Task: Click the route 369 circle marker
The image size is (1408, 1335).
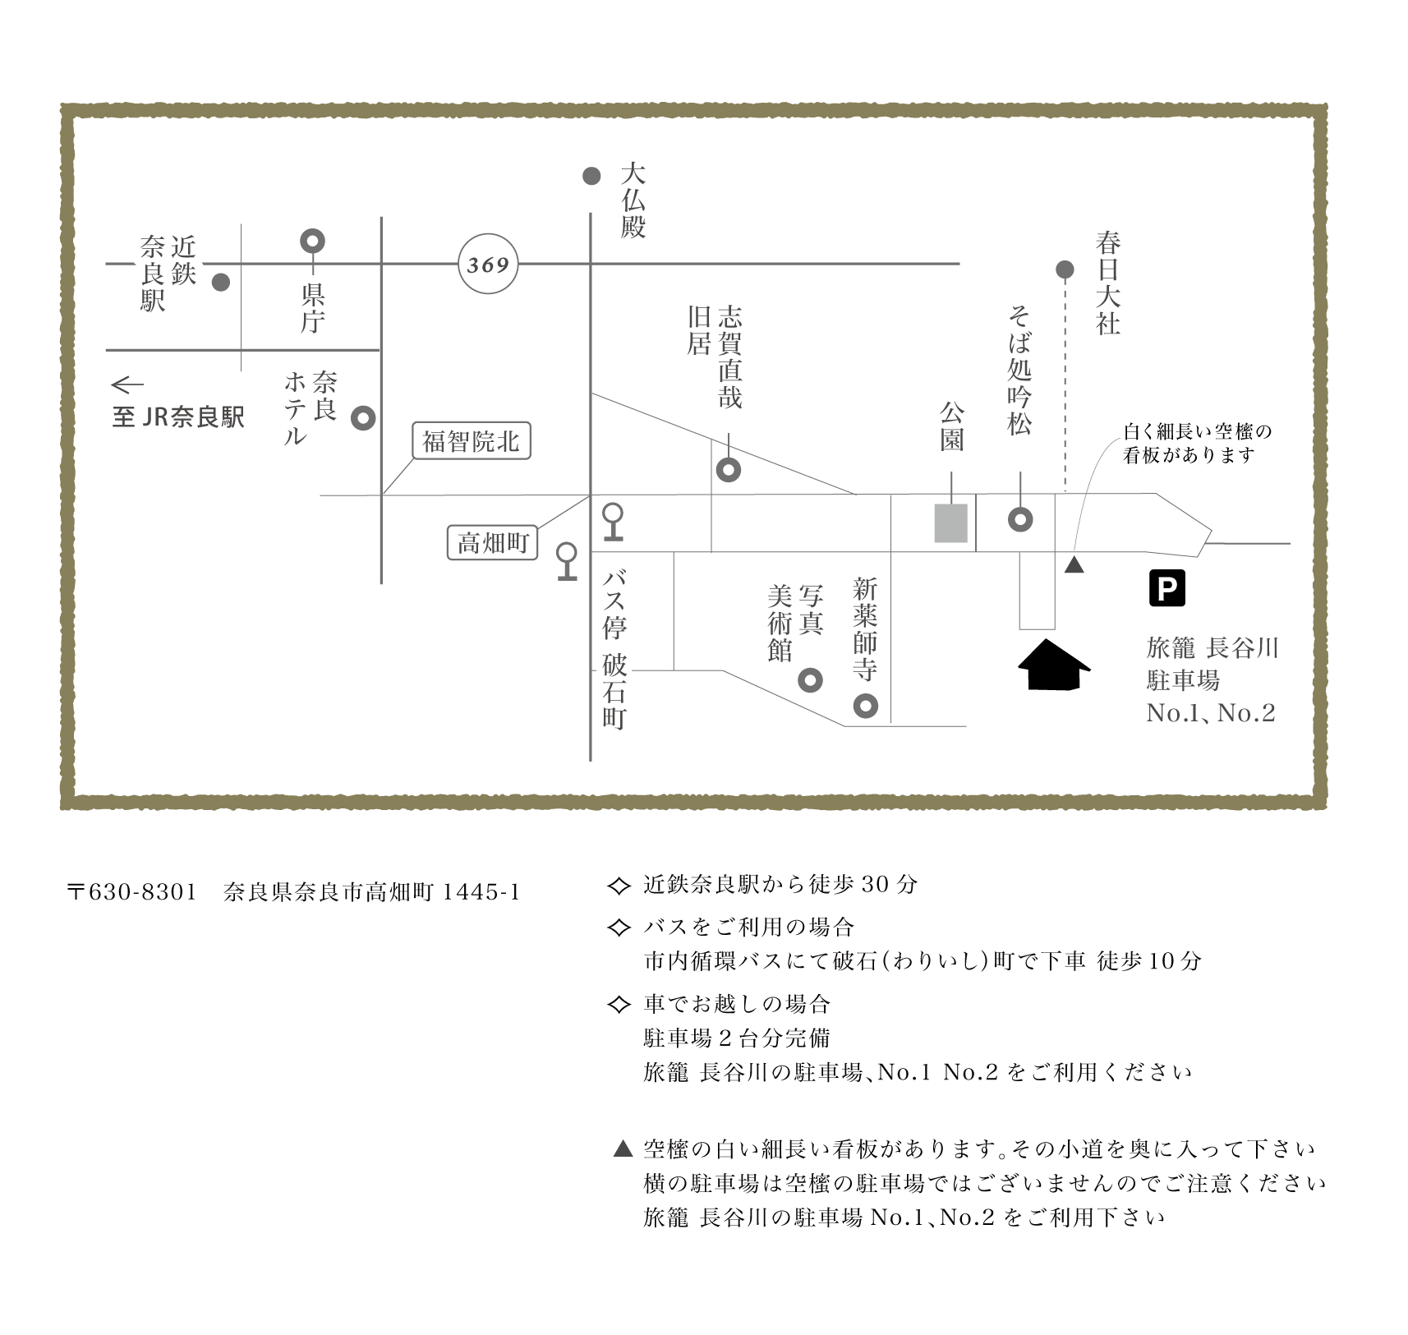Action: [x=488, y=265]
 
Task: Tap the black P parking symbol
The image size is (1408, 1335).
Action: [x=1166, y=588]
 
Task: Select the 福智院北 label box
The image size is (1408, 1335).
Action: [x=471, y=442]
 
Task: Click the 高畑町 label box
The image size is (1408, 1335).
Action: [x=492, y=543]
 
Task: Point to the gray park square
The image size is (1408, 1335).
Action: [x=950, y=523]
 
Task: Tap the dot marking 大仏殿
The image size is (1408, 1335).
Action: [x=591, y=176]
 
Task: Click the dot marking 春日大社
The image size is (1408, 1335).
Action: [x=1065, y=269]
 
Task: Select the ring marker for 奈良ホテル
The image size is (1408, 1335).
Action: [x=363, y=418]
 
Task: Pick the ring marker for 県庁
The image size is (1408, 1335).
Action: [x=312, y=241]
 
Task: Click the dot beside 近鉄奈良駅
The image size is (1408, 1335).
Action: [x=220, y=282]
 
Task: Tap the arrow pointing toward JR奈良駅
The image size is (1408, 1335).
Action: [x=127, y=384]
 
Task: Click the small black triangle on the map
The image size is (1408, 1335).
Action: [x=1074, y=565]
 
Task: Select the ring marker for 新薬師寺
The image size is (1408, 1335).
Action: [x=865, y=706]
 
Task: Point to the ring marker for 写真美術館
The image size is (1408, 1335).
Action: [x=810, y=680]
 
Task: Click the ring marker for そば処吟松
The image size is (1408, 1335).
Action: [x=1020, y=519]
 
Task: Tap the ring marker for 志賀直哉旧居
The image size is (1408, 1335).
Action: [x=729, y=470]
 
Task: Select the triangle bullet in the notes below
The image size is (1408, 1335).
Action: [x=623, y=1149]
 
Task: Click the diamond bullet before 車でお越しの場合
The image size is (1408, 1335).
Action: [x=617, y=1004]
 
